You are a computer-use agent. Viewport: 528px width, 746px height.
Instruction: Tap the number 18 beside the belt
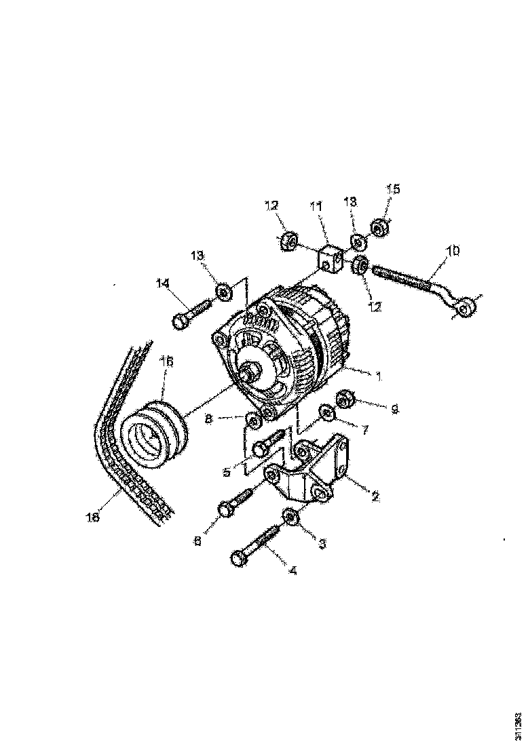(93, 517)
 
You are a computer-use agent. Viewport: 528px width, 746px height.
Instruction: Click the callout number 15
(394, 189)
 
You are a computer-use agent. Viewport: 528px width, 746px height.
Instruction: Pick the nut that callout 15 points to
(379, 227)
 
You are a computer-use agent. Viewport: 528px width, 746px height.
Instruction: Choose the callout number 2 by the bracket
(374, 496)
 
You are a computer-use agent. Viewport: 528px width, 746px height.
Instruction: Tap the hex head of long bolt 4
(238, 557)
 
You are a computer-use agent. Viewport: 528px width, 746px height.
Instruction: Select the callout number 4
(293, 570)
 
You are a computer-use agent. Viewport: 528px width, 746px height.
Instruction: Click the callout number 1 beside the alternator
(379, 375)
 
